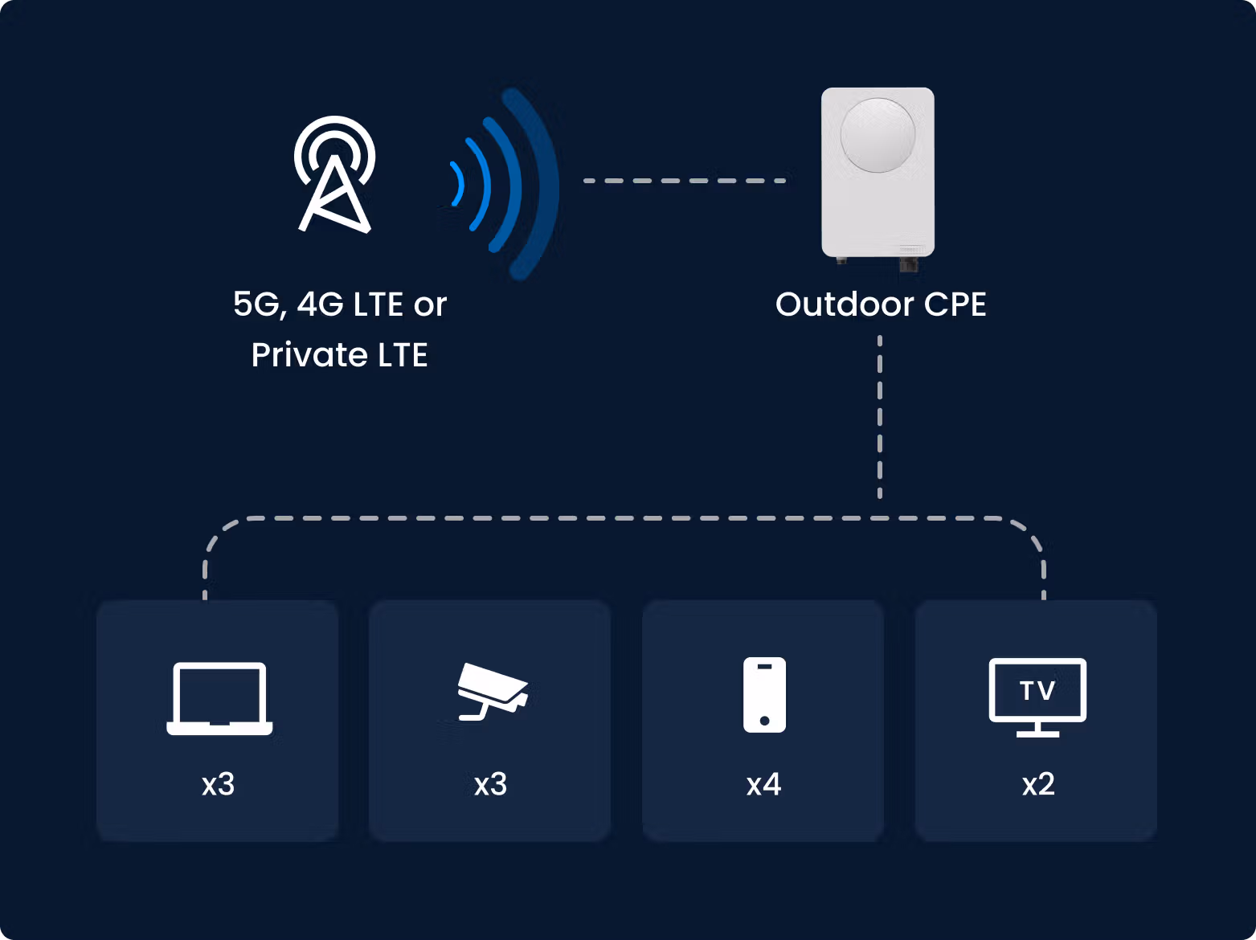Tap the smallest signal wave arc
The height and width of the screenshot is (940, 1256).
tap(458, 184)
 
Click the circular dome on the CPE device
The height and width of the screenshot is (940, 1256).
tap(878, 135)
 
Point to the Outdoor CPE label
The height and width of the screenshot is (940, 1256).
tap(881, 304)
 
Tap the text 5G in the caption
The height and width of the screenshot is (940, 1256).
tap(257, 304)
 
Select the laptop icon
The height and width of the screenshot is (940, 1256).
tap(219, 698)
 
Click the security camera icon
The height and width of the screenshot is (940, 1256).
tap(493, 691)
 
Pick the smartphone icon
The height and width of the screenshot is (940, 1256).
tap(764, 695)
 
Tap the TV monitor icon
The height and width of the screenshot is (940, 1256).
tap(1037, 697)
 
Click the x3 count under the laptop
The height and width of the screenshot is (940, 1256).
tap(218, 784)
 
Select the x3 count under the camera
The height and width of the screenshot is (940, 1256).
tap(490, 784)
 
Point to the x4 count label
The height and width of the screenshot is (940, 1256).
tap(764, 784)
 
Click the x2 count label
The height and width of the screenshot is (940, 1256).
tap(1038, 784)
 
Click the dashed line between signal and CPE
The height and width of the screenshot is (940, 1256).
tap(685, 181)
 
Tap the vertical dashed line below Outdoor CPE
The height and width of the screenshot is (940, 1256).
tap(879, 417)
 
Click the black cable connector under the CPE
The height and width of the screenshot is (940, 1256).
tap(908, 264)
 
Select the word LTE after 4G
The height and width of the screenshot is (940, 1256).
tap(378, 304)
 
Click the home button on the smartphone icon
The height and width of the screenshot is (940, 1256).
tap(764, 721)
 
